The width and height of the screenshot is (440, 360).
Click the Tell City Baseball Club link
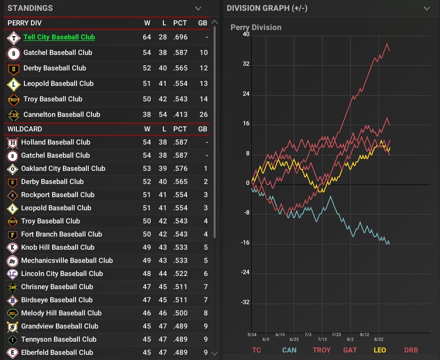click(59, 37)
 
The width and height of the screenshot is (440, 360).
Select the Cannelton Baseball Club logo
click(13, 115)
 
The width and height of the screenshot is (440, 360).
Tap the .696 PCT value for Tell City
click(179, 37)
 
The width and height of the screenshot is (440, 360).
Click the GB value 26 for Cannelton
click(203, 115)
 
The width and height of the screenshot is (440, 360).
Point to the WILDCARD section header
click(25, 129)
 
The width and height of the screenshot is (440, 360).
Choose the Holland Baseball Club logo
click(13, 142)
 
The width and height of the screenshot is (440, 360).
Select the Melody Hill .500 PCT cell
click(179, 313)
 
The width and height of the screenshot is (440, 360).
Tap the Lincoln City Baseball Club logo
click(13, 274)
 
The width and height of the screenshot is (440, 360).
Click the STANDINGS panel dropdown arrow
click(198, 8)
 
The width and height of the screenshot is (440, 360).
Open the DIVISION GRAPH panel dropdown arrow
click(427, 8)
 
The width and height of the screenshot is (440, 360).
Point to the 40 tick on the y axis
click(246, 35)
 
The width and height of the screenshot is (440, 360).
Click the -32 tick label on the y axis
click(245, 302)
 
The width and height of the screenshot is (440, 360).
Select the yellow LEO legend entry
click(379, 350)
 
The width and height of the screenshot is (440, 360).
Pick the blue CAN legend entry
click(289, 350)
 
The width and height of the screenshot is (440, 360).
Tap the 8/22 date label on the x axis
click(378, 339)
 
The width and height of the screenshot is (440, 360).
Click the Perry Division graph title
click(256, 27)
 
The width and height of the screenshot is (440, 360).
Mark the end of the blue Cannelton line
click(389, 243)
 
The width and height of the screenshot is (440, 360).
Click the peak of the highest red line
click(387, 44)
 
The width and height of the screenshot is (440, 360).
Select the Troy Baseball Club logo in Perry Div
click(13, 99)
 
